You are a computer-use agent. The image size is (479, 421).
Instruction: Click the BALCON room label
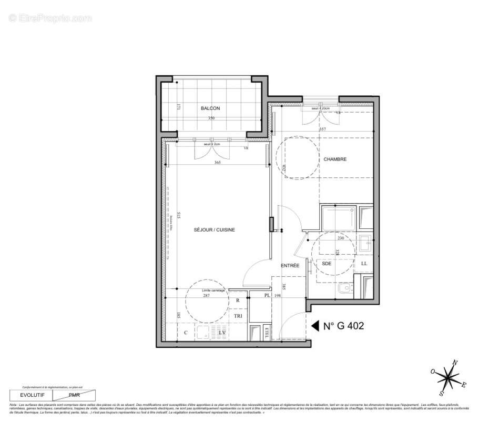click(x=210, y=108)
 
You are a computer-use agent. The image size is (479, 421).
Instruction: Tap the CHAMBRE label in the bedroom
click(x=335, y=159)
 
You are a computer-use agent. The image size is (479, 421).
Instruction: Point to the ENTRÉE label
click(x=290, y=266)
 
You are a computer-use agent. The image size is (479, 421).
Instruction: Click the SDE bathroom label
click(x=327, y=263)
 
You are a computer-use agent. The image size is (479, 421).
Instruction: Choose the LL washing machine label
click(x=364, y=263)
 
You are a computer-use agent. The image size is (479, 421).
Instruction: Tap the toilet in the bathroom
click(x=345, y=289)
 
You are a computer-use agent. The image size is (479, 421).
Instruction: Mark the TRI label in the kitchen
click(x=238, y=316)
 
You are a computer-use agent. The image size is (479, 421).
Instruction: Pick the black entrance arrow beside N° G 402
click(x=315, y=326)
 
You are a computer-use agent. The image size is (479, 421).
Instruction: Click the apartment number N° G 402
click(x=343, y=326)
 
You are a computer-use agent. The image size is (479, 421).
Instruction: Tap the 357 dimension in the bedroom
click(x=323, y=129)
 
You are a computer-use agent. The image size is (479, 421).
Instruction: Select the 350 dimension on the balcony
click(x=211, y=118)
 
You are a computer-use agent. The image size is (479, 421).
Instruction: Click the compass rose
click(x=449, y=376)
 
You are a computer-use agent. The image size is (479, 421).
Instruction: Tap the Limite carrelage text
click(x=213, y=290)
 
